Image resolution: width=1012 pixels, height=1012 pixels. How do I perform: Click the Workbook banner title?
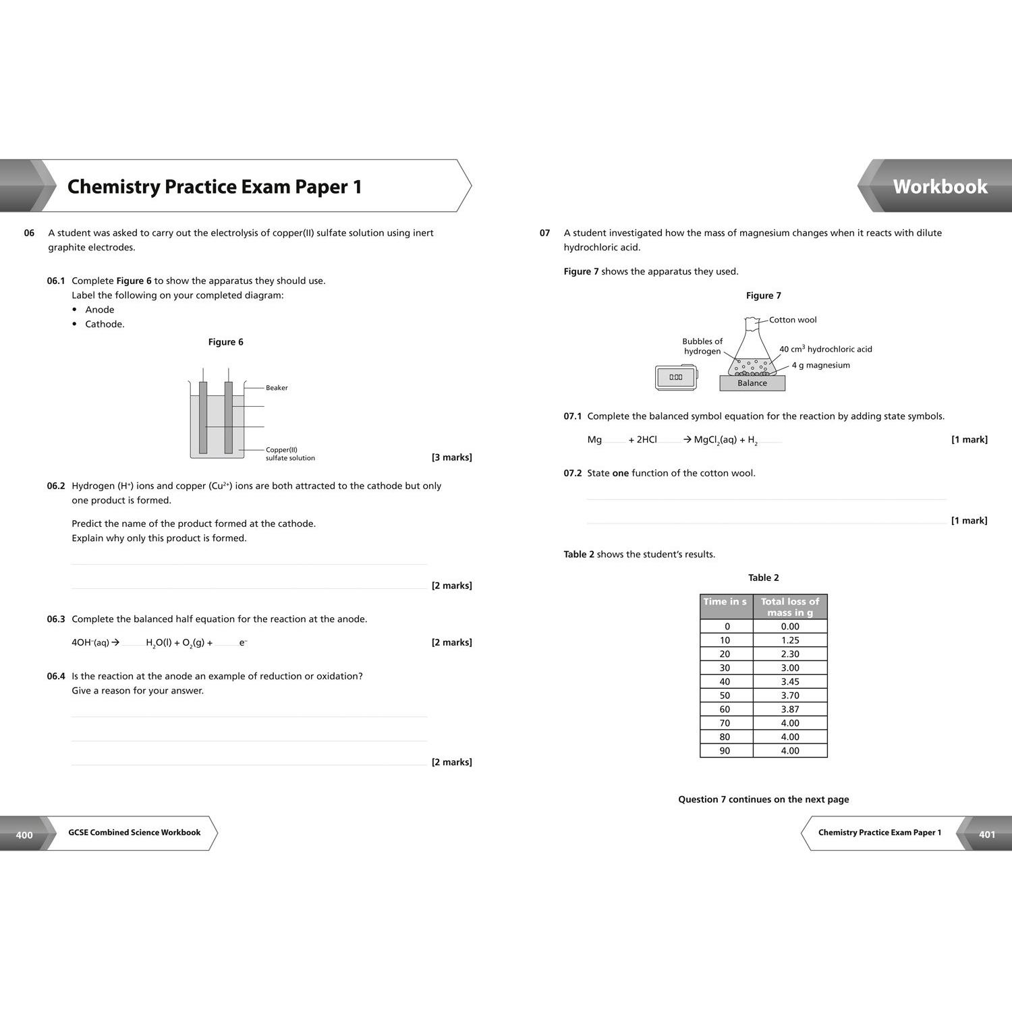click(940, 187)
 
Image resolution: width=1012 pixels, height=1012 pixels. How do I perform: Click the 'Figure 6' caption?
click(225, 342)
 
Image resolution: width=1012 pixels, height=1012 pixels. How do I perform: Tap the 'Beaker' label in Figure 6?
click(277, 388)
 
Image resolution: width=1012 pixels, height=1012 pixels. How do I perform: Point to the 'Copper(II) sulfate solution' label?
click(290, 454)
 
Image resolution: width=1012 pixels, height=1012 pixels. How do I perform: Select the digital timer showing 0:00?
click(676, 377)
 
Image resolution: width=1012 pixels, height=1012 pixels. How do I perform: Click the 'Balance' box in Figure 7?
click(752, 383)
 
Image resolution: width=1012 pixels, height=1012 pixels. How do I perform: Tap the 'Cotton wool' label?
click(793, 320)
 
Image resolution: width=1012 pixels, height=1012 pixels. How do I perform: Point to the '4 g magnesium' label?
click(820, 365)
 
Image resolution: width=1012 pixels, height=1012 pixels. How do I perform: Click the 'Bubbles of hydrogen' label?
click(702, 346)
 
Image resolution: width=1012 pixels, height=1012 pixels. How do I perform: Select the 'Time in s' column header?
click(725, 602)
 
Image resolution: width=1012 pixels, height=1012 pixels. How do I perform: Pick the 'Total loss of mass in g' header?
click(790, 607)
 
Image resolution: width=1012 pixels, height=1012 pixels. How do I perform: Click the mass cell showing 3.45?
click(790, 681)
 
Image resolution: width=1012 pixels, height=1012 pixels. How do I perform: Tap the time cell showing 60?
click(725, 709)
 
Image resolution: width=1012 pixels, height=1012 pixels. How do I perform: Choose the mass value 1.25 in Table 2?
click(790, 640)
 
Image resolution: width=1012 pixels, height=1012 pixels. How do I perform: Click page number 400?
click(24, 835)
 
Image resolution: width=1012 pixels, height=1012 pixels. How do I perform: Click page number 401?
click(987, 835)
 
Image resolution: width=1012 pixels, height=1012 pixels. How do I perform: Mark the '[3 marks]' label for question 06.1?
click(451, 457)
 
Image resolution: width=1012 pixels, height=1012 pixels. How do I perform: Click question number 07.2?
click(572, 473)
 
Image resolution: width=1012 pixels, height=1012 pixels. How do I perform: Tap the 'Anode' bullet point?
click(99, 310)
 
